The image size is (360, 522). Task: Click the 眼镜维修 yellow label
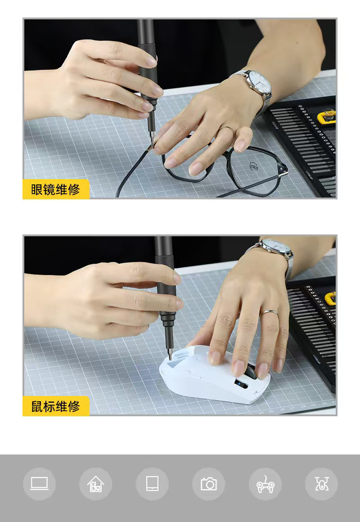tap(56, 189)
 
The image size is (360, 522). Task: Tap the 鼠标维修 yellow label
tap(56, 406)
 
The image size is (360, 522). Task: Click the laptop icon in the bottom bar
tap(40, 484)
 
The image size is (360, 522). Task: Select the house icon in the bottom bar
tap(96, 484)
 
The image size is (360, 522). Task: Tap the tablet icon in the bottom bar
tap(152, 484)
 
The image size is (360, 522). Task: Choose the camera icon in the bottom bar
tap(209, 484)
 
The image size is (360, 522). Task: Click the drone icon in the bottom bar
tap(321, 484)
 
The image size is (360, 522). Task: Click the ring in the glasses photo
tap(227, 129)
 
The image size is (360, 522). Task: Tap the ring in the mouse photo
tap(269, 312)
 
